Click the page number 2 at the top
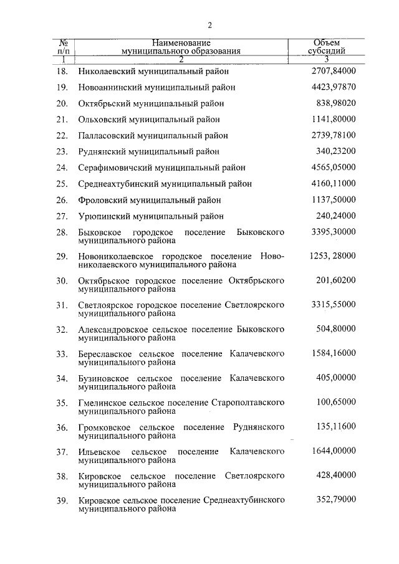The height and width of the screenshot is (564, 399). [210, 26]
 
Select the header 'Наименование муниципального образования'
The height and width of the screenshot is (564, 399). [181, 47]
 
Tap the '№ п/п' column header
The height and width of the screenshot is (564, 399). [62, 47]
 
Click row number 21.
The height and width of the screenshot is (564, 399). [62, 119]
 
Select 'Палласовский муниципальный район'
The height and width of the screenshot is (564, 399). [153, 135]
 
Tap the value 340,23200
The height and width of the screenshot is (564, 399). [336, 151]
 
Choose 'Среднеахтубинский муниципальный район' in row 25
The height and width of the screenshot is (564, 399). [165, 184]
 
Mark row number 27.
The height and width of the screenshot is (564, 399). [62, 216]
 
